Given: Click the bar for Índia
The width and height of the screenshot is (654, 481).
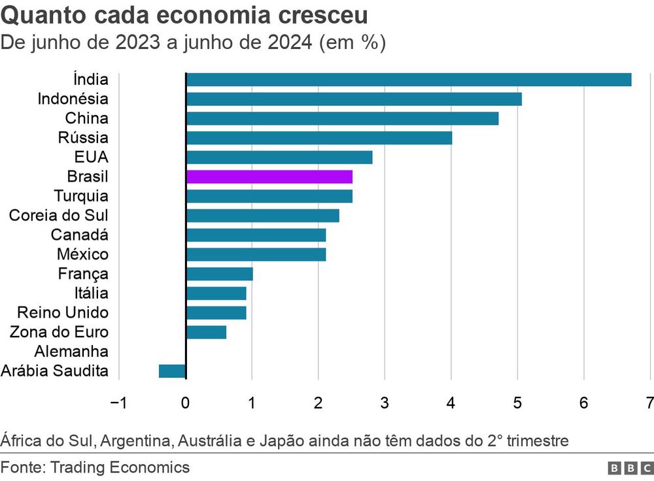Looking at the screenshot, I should [x=409, y=80].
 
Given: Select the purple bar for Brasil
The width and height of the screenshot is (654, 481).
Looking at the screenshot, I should [x=269, y=176].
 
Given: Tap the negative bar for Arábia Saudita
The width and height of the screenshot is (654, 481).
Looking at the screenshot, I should [x=173, y=371].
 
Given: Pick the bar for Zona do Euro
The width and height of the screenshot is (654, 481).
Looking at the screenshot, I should [x=207, y=332].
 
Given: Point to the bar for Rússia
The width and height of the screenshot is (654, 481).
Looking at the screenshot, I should [x=319, y=138].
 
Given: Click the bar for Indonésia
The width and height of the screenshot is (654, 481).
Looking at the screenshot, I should [x=354, y=99].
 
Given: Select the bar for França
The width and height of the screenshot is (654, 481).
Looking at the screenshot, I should [x=220, y=274].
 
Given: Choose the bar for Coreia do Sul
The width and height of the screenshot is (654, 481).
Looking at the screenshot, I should [x=263, y=216].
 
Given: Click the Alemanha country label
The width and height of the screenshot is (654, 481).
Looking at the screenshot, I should [x=71, y=352].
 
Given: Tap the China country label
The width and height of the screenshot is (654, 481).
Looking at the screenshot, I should [x=87, y=119].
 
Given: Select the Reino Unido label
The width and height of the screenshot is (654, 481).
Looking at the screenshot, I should [x=63, y=312].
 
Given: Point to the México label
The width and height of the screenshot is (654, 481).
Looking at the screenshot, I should [x=82, y=254].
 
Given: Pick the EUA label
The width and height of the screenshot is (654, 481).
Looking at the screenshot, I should [x=92, y=158].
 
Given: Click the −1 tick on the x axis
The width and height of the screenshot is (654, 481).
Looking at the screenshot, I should [x=118, y=403].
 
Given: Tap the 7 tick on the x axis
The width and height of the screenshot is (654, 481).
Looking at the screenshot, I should [x=649, y=403].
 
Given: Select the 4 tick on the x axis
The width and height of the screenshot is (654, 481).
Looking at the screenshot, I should [x=451, y=403].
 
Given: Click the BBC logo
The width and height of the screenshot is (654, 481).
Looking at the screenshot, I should [x=630, y=468].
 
